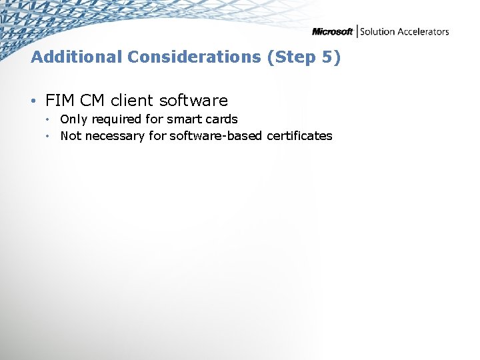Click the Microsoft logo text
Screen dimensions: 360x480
332,32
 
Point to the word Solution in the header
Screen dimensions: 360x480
378,31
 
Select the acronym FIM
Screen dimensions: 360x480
60,101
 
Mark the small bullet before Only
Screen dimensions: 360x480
49,120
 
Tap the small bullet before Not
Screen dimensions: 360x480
49,137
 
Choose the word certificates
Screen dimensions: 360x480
299,136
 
